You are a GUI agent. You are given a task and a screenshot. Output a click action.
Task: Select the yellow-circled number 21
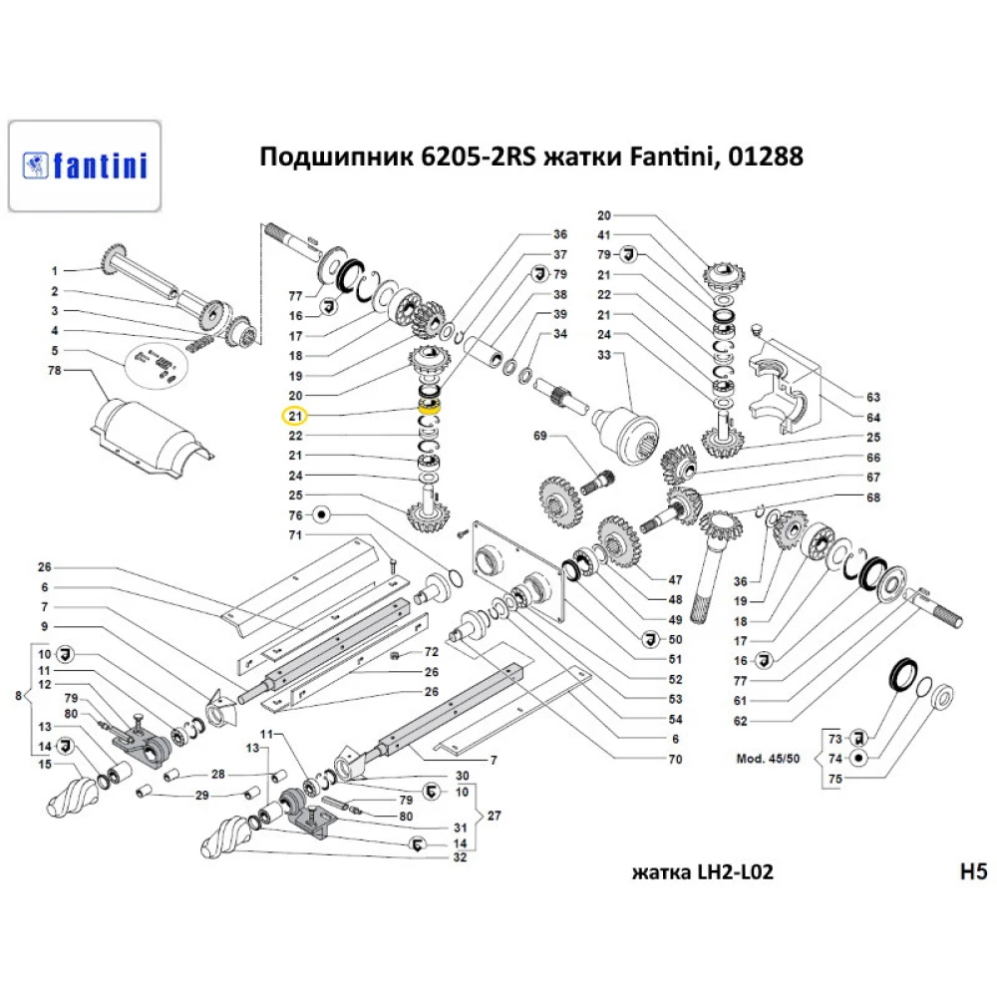(296, 416)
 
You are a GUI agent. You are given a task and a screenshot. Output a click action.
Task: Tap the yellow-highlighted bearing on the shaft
(431, 405)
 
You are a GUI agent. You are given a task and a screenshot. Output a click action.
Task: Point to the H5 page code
(971, 872)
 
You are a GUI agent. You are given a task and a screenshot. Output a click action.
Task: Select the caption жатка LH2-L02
(702, 873)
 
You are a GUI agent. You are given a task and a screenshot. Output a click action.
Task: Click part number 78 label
(56, 370)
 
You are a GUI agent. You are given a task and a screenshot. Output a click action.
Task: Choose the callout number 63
(873, 396)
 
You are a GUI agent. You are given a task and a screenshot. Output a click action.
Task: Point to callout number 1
(56, 270)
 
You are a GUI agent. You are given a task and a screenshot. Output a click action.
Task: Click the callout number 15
(45, 765)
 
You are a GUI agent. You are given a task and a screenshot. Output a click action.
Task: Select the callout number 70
(675, 759)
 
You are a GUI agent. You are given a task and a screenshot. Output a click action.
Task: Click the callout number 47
(675, 579)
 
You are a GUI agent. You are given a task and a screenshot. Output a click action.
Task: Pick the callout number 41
(603, 234)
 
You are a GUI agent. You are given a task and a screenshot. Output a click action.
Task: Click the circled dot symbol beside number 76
(322, 514)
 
